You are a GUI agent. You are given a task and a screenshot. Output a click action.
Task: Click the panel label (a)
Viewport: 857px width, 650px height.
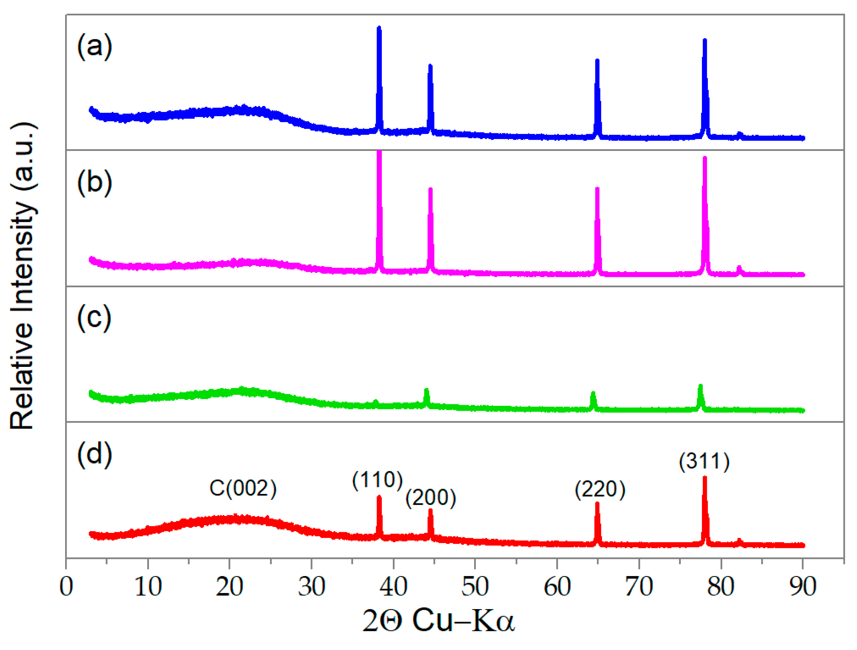point(95,47)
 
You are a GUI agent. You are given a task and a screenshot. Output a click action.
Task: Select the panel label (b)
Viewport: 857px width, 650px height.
point(95,183)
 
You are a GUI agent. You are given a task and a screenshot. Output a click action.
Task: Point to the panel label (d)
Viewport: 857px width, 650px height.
point(95,454)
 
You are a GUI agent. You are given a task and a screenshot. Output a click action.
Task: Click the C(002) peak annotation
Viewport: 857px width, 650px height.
point(243,488)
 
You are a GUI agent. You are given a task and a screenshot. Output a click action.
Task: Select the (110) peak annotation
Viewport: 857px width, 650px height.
point(377,480)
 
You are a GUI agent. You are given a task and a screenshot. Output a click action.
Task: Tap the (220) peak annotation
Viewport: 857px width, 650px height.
point(600,489)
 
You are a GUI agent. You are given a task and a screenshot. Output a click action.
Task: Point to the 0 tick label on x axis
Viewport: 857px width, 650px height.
point(66,587)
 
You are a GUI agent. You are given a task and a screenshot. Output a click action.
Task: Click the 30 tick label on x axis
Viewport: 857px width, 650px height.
point(312,587)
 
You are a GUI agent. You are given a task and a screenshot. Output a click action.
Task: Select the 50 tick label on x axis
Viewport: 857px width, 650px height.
point(475,587)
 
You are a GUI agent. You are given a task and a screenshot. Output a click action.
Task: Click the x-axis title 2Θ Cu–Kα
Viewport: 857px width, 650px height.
point(438,621)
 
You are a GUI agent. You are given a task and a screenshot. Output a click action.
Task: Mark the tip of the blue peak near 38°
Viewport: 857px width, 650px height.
point(379,28)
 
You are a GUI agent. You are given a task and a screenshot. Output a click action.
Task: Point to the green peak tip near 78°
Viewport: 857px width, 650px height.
point(700,386)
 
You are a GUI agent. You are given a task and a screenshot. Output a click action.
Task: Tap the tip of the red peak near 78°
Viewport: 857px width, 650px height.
point(705,478)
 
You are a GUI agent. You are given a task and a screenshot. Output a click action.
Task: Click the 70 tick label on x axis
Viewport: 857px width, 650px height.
point(639,587)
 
